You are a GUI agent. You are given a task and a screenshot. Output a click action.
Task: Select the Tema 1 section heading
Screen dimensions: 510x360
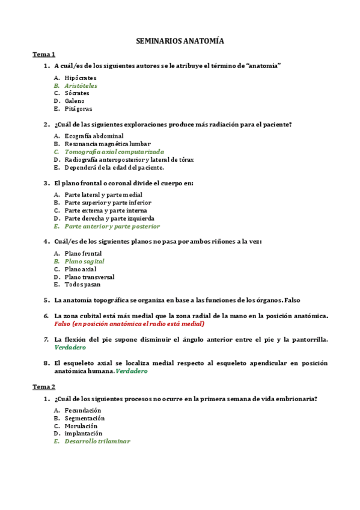pyautogui.click(x=43, y=54)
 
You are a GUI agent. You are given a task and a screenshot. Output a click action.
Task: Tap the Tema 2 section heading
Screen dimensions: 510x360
pyautogui.click(x=43, y=387)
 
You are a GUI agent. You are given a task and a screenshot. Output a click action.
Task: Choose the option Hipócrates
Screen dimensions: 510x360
pyautogui.click(x=80, y=78)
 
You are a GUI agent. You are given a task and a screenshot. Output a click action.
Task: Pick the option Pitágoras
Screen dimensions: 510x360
pyautogui.click(x=78, y=109)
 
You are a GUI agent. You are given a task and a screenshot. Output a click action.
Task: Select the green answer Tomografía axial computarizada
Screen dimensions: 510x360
pyautogui.click(x=114, y=152)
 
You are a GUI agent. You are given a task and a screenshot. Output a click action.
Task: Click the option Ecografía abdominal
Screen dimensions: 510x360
pyautogui.click(x=94, y=137)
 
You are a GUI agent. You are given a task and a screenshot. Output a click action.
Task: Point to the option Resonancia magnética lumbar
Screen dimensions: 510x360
pyautogui.click(x=108, y=144)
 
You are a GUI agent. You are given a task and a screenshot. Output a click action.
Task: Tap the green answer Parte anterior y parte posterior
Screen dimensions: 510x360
pyautogui.click(x=112, y=226)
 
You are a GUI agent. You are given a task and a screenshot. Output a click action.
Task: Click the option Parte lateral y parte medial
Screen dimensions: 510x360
pyautogui.click(x=103, y=195)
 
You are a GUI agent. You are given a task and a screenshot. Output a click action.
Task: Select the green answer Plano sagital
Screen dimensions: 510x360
pyautogui.click(x=84, y=262)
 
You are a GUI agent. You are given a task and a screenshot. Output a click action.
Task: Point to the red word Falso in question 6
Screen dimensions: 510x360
pyautogui.click(x=63, y=323)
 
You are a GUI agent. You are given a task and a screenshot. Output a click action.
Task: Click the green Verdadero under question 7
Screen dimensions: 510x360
pyautogui.click(x=70, y=348)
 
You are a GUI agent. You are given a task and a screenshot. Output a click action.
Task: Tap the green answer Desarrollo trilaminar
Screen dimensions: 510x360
pyautogui.click(x=97, y=441)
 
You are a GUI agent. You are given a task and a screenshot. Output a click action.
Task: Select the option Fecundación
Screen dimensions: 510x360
pyautogui.click(x=83, y=410)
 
